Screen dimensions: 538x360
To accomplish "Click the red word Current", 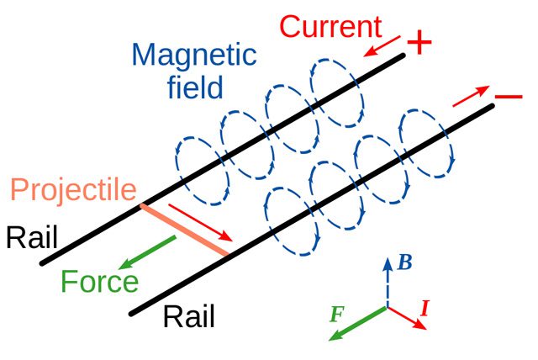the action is pos(330,26).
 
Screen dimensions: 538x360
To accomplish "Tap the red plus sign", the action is pos(419,42).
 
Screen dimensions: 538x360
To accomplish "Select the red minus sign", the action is pos(509,97).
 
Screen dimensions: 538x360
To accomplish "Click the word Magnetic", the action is pos(194,55).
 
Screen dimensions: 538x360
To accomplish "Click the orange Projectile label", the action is pos(74,190).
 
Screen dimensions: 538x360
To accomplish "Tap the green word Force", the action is pos(99,282).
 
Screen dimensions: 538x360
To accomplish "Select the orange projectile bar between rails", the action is pos(185,230).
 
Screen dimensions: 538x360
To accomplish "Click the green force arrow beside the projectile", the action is pos(147,252).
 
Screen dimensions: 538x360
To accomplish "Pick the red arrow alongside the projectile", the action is pos(201,222).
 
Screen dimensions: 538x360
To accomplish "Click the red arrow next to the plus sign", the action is pos(382,45).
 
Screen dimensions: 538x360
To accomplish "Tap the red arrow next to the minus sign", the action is pos(471,96).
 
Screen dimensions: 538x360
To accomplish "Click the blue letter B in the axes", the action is pos(405,263).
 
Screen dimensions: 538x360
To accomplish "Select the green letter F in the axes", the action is pos(337,315).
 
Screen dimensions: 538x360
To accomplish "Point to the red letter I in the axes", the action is pos(425,308).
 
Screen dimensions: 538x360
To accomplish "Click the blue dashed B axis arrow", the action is pos(388,282).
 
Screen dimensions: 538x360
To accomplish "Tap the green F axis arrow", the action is pos(358,324).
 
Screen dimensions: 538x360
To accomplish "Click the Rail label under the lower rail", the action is pos(189,316).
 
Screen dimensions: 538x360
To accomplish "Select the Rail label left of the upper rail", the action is pos(32,237).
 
